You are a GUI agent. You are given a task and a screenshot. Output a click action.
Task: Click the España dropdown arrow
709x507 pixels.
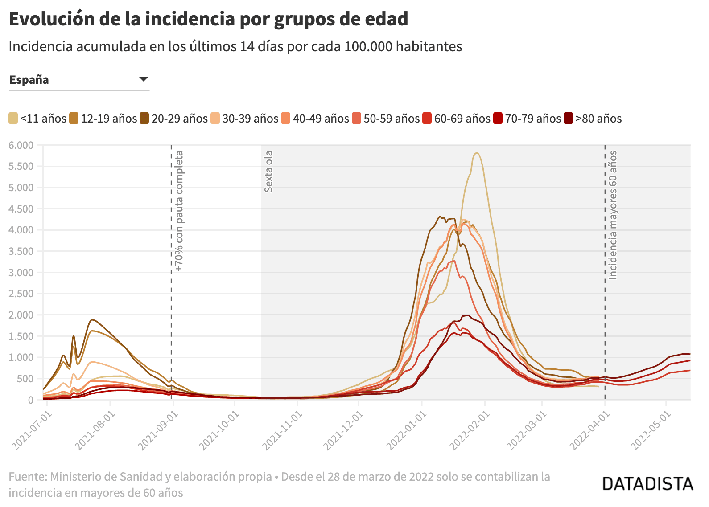(143, 79)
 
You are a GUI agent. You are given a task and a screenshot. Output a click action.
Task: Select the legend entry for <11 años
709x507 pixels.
(37, 119)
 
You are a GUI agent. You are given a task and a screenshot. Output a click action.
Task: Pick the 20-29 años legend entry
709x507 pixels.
(173, 119)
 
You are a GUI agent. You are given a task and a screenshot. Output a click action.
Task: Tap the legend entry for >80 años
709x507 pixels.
(593, 119)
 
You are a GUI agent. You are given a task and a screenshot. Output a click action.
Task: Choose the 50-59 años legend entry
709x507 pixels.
(386, 119)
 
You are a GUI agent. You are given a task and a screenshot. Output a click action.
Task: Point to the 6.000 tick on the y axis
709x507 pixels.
(21, 145)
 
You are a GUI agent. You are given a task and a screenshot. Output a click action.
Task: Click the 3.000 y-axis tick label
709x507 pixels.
(21, 273)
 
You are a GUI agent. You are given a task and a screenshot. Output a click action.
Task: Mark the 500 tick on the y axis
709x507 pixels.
(25, 379)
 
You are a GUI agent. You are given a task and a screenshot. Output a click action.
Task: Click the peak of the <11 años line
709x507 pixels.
(477, 153)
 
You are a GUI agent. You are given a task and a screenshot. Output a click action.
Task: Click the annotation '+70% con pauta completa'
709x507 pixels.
(179, 211)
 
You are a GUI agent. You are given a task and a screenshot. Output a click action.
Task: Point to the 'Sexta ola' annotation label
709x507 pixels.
(268, 172)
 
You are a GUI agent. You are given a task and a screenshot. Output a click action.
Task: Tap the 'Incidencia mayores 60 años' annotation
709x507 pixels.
(613, 215)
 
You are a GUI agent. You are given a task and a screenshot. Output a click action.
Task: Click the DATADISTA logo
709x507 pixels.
(647, 484)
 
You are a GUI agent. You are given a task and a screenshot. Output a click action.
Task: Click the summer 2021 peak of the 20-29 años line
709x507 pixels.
(91, 320)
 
